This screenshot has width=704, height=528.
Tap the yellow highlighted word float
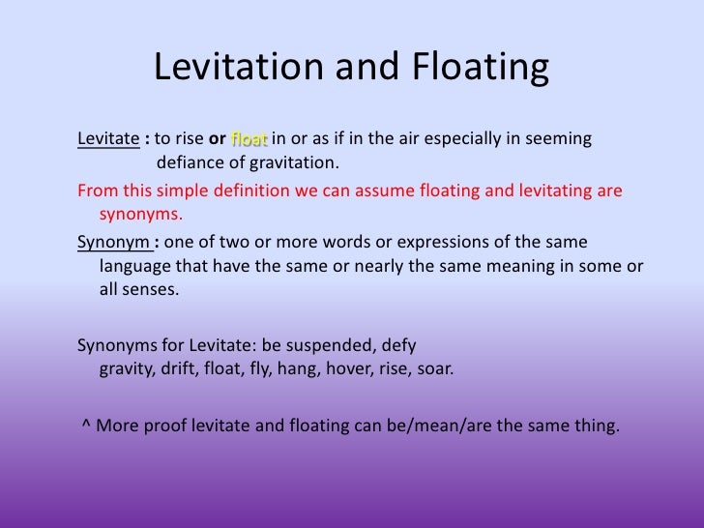pos(250,138)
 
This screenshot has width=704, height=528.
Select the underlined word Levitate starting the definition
pos(106,138)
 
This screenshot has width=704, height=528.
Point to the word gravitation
pos(294,161)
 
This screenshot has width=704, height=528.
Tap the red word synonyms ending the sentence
pos(140,214)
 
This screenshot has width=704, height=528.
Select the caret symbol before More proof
pos(87,425)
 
